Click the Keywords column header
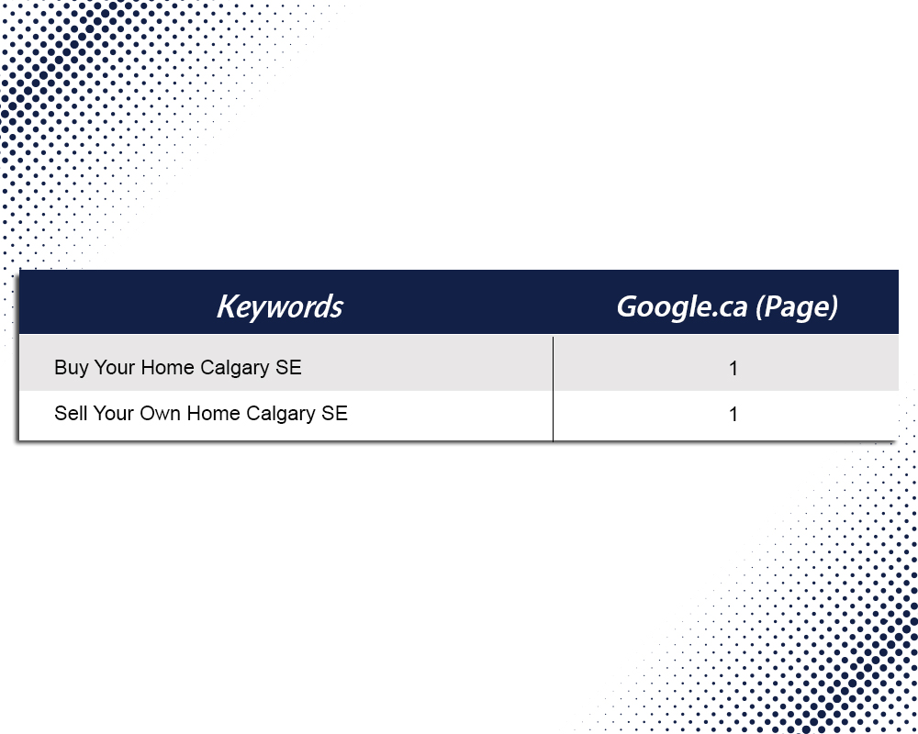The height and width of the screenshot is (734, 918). [x=280, y=306]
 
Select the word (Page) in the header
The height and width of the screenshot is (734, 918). [x=797, y=306]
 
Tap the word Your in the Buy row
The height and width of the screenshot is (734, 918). [x=114, y=367]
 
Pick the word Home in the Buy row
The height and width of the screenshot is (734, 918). [x=167, y=367]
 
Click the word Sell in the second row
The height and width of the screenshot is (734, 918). [x=71, y=413]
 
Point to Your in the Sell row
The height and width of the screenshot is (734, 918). [x=113, y=413]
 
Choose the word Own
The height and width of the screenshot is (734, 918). [x=161, y=413]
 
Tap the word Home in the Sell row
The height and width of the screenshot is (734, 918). [x=213, y=413]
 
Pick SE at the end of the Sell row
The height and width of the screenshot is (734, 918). [x=334, y=413]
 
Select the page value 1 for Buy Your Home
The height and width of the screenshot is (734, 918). [x=733, y=368]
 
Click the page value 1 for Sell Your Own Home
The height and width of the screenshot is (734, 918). [x=733, y=415]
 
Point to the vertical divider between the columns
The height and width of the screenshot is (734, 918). [x=553, y=389]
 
